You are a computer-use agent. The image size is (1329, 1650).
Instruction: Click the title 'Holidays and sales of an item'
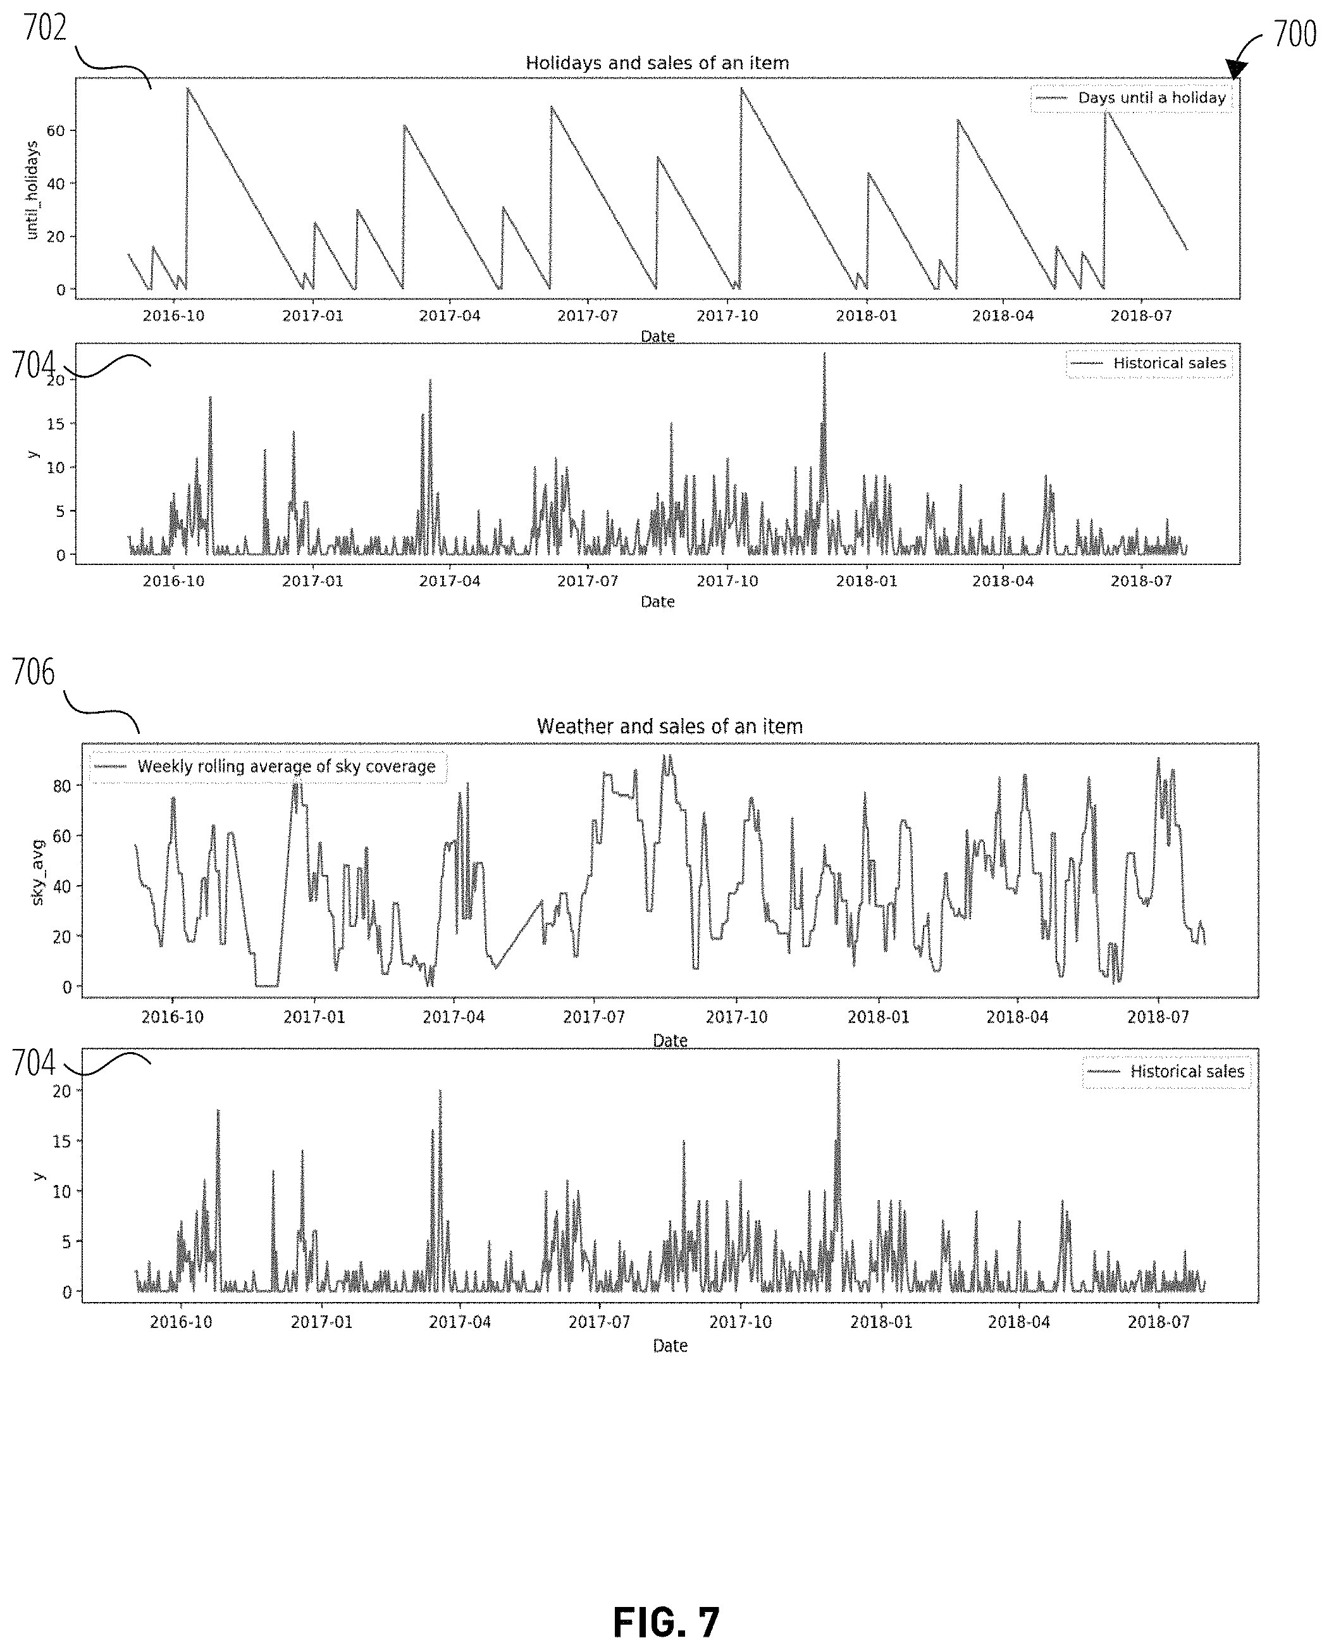coord(657,63)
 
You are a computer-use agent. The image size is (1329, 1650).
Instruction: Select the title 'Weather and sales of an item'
coord(670,726)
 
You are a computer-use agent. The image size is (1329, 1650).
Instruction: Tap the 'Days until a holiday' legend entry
coord(1132,98)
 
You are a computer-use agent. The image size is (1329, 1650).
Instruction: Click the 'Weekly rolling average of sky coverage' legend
coord(268,766)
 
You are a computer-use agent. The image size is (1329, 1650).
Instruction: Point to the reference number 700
coord(1295,34)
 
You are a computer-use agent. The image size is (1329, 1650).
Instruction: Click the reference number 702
coord(45,28)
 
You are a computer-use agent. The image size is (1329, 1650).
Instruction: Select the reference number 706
coord(34,673)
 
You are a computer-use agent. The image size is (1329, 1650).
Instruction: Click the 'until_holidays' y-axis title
coord(32,190)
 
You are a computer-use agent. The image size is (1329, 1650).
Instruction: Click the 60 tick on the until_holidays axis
coord(55,130)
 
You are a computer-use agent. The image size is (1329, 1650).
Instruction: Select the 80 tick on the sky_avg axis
coord(61,786)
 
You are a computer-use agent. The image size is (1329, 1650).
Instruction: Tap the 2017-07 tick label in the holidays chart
coord(587,316)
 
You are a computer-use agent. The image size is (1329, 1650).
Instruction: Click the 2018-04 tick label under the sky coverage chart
coord(1017,1017)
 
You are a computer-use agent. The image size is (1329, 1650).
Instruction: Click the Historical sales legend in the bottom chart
coord(1166,1071)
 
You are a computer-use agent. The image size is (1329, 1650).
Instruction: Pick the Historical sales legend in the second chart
coord(1149,364)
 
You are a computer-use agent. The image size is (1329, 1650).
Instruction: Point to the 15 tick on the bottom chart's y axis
coord(61,1141)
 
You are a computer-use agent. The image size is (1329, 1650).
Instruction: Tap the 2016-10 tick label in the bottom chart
coord(181,1322)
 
